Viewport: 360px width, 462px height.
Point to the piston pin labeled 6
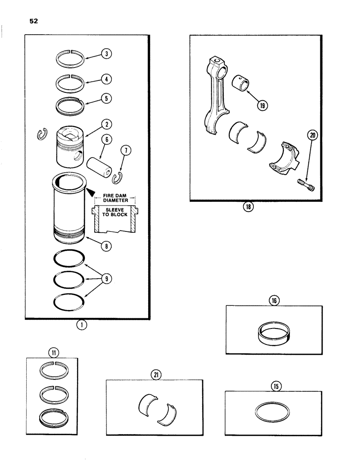(x=97, y=164)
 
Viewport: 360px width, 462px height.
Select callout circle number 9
(x=107, y=279)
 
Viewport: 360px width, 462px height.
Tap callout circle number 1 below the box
(x=82, y=325)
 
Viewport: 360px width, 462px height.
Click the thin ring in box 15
(x=274, y=412)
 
